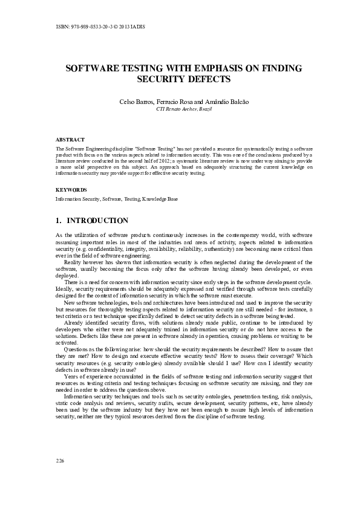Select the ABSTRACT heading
coord(70,139)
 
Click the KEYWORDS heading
coord(71,189)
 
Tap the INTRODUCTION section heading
coord(97,221)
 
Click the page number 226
coord(60,461)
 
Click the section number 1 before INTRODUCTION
coord(57,221)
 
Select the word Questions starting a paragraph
coord(76,349)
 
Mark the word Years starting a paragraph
coord(71,376)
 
